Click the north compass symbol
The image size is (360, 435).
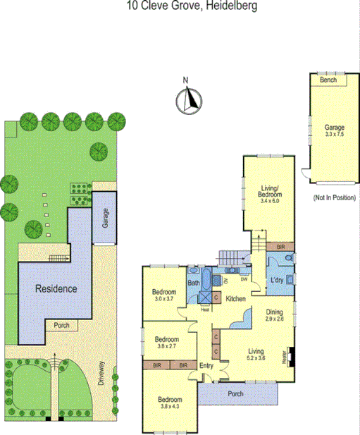click(x=187, y=101)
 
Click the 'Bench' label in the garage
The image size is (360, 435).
click(x=328, y=80)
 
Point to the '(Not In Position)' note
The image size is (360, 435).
click(x=334, y=198)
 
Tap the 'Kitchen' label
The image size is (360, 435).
click(x=235, y=300)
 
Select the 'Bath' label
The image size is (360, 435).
click(x=193, y=283)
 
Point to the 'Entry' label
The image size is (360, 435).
click(x=206, y=365)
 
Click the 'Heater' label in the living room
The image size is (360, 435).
click(x=284, y=357)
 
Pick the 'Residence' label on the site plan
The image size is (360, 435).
click(x=56, y=288)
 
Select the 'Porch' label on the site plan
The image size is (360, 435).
click(x=62, y=325)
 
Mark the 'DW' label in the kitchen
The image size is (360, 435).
click(x=243, y=277)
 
